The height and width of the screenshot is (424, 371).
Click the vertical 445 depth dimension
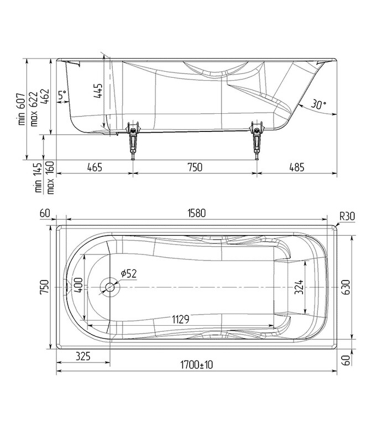[x=98, y=90]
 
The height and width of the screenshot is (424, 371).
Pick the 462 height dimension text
[x=46, y=98]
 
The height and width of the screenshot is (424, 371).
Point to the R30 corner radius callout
[x=347, y=215]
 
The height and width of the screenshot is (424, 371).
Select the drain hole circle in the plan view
[x=109, y=287]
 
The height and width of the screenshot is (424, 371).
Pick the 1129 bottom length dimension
[x=180, y=319]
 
